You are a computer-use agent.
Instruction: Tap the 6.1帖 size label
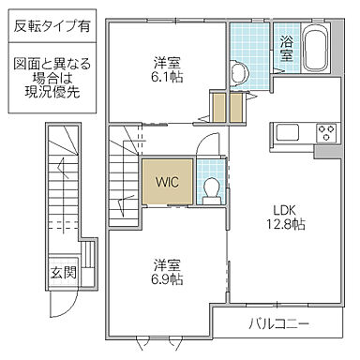click(169, 77)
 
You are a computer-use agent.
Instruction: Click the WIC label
click(167, 180)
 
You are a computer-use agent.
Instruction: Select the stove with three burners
click(327, 131)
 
